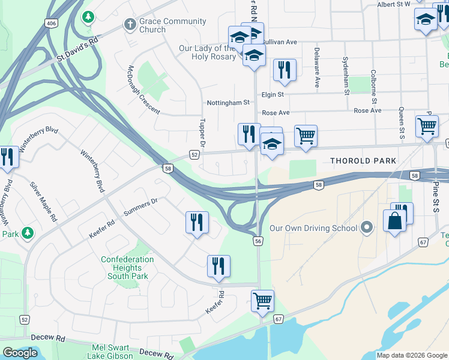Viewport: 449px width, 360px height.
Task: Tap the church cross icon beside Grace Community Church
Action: (128, 24)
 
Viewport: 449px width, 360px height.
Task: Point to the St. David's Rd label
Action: (77, 52)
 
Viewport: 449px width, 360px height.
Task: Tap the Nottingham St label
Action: (228, 103)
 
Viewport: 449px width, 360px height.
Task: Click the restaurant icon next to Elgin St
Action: (285, 70)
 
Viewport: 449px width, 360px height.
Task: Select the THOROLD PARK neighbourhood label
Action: (363, 161)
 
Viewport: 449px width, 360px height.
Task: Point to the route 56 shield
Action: (258, 241)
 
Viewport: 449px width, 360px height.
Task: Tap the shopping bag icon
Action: (396, 221)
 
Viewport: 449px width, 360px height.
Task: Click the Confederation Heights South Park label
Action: (127, 268)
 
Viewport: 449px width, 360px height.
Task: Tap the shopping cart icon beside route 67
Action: (263, 301)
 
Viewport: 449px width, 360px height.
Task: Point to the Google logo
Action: (20, 353)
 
